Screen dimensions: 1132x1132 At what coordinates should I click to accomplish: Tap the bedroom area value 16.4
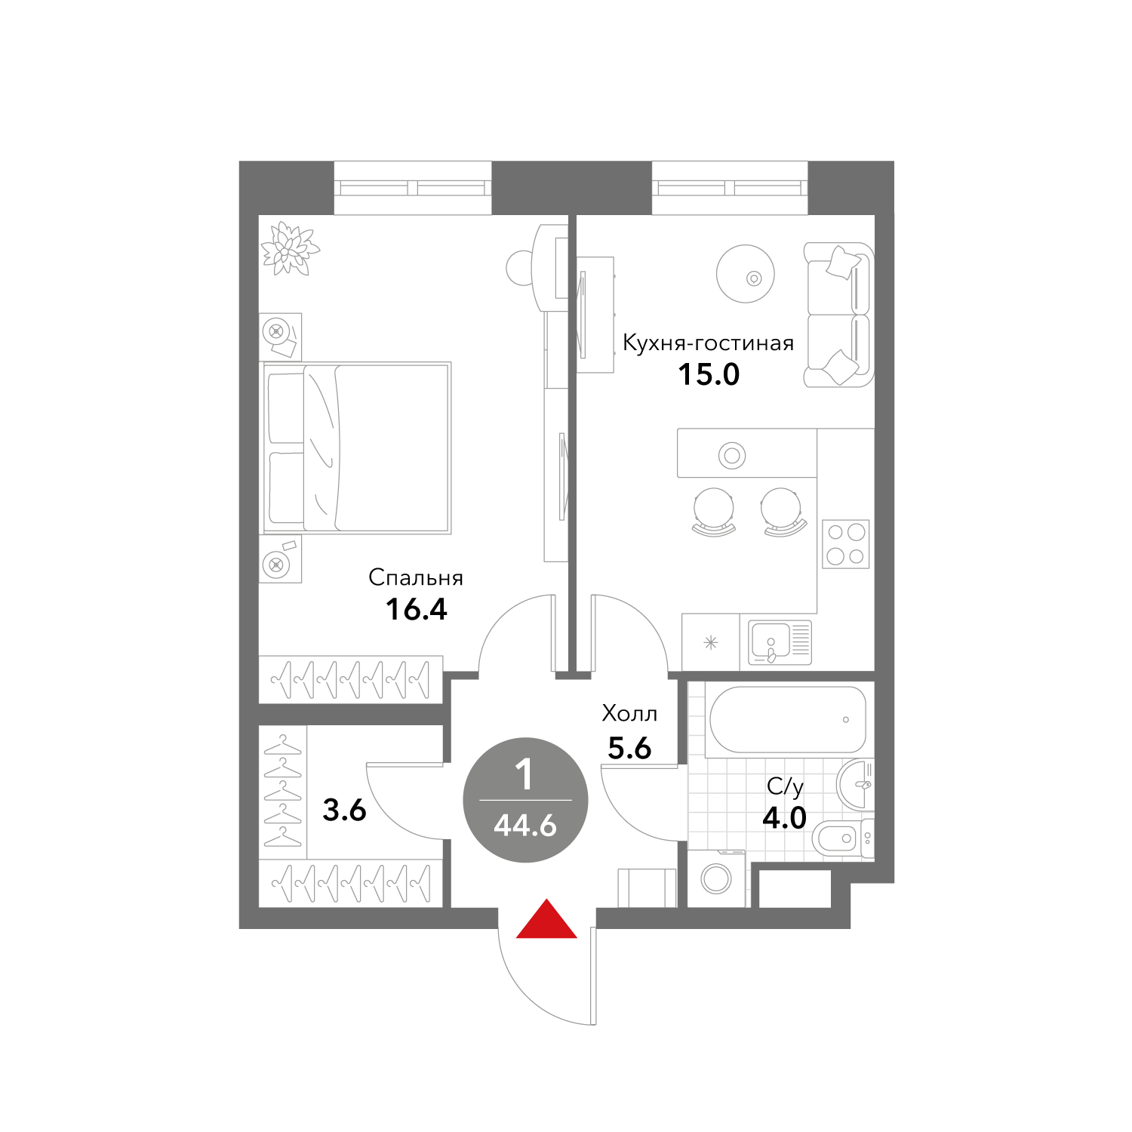coord(417,609)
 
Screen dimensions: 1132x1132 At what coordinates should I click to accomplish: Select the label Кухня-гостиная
coord(708,343)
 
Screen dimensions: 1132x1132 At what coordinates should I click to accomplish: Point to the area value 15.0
coord(709,374)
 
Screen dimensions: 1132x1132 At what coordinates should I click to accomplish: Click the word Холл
coord(629,713)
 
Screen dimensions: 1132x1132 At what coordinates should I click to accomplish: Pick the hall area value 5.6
coord(629,748)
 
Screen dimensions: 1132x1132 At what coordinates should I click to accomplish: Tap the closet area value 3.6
coord(344,810)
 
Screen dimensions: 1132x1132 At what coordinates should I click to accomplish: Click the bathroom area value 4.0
coord(784,817)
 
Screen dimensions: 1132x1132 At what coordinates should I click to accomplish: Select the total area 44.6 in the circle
coord(525,826)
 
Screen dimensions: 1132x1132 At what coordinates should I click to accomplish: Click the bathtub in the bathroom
coord(786,720)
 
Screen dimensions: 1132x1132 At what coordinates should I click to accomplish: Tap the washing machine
coord(716,878)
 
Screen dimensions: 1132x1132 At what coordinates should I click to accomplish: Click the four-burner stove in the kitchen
coord(845,543)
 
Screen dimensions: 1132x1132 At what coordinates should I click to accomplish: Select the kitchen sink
coord(780,642)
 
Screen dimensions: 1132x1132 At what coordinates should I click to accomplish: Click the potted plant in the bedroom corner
coord(290,248)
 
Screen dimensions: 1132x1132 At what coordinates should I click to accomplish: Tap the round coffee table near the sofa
coord(746,273)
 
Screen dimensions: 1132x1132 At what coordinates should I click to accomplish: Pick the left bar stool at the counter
coord(713,511)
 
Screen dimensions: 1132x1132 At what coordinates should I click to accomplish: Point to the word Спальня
coord(416,578)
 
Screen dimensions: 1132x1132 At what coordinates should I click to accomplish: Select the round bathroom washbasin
coord(856,785)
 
